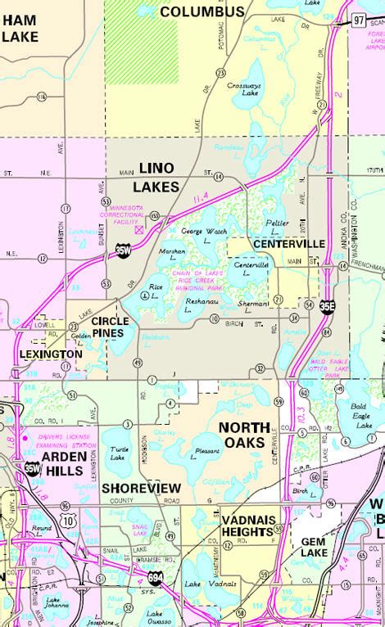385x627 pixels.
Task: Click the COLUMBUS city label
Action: (x=202, y=11)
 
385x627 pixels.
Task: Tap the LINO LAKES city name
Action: (x=158, y=177)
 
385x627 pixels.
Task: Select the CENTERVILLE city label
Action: (x=289, y=244)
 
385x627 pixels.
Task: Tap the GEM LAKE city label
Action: (x=314, y=547)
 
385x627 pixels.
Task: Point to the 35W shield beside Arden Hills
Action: (x=31, y=469)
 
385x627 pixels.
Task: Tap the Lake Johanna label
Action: (x=57, y=602)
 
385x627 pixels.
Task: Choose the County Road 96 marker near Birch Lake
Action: (x=331, y=502)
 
